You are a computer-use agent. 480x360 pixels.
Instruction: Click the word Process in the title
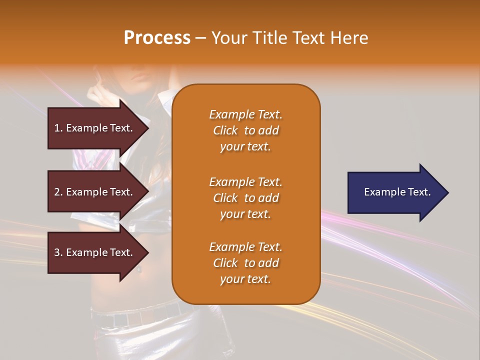tap(157, 38)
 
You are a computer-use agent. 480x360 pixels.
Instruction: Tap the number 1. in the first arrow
tap(58, 128)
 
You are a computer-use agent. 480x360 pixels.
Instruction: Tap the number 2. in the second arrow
tap(58, 192)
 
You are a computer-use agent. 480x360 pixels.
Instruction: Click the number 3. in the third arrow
tap(58, 252)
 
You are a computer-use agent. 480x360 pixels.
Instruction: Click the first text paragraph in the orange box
tap(245, 130)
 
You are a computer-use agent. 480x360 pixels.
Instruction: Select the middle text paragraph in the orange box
tap(245, 198)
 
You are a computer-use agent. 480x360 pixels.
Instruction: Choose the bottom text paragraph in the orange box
tap(245, 263)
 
